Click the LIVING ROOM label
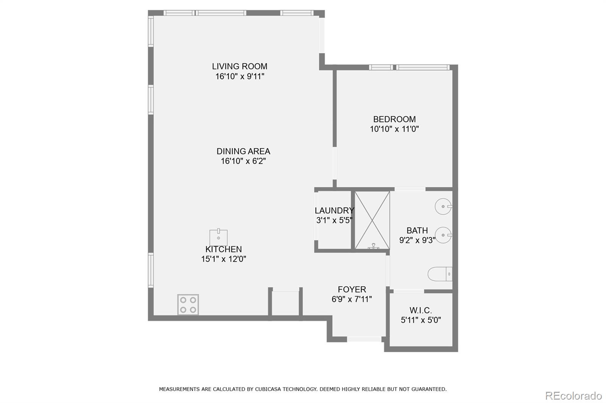click(x=239, y=67)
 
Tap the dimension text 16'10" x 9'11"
click(x=239, y=76)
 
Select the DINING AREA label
click(x=243, y=151)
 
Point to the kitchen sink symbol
click(x=219, y=237)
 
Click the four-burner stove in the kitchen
click(x=188, y=305)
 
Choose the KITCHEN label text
click(x=223, y=249)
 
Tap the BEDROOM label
click(x=394, y=119)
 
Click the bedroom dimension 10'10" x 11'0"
click(x=394, y=129)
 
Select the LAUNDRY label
click(x=334, y=211)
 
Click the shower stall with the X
click(x=372, y=220)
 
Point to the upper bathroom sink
click(x=443, y=207)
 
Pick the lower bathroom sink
click(x=443, y=235)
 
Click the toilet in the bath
click(x=440, y=274)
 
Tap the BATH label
click(x=417, y=231)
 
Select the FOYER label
click(x=352, y=290)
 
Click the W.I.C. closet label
click(x=420, y=310)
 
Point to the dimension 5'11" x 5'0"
click(x=421, y=320)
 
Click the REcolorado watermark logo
click(x=573, y=395)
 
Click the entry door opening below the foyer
click(x=364, y=339)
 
